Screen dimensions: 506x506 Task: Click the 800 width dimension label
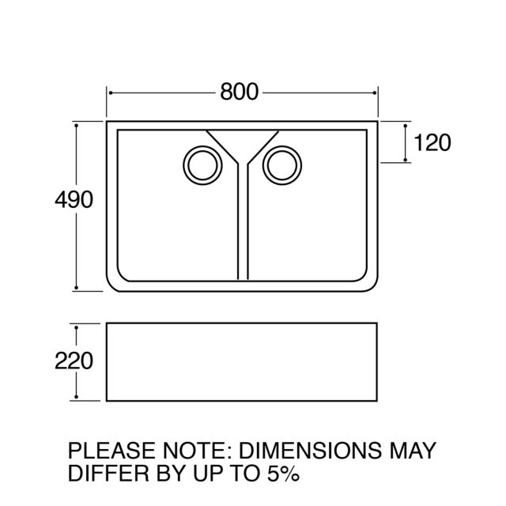239,92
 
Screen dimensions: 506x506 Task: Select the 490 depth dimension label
74,200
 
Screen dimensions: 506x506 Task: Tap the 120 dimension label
432,142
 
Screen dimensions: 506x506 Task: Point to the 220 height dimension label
74,361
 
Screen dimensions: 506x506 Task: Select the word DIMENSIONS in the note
310,451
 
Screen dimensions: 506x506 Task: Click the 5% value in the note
283,474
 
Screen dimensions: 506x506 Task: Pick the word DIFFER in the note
108,474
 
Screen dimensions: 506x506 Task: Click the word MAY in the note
413,451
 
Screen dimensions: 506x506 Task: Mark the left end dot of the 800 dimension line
111,93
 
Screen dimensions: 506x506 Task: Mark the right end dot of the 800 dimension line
374,93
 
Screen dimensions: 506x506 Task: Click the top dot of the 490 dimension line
76,125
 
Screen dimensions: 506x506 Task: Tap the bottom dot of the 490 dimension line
76,288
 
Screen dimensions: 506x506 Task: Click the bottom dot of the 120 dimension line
406,160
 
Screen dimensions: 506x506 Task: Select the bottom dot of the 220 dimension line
76,397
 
